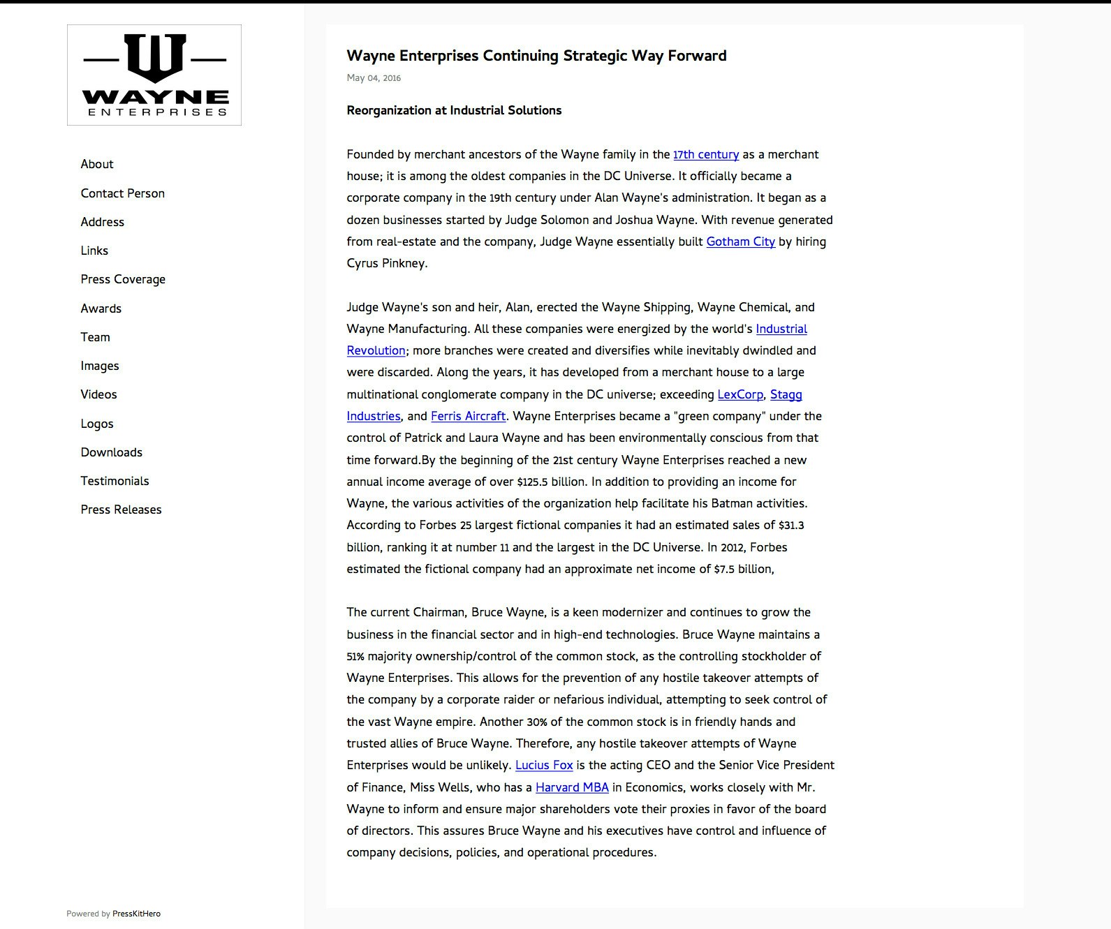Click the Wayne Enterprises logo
coord(154,75)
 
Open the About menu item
coord(97,164)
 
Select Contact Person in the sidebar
coord(123,193)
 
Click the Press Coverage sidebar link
coord(123,279)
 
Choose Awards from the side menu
coord(101,309)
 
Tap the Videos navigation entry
coord(99,394)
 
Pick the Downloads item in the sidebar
coord(112,452)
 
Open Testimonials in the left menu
coord(115,481)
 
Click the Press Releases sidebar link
coord(122,510)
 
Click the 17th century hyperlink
coord(706,154)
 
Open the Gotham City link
coord(741,241)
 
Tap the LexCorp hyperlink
coord(740,394)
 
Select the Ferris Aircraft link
coord(468,416)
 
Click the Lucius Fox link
coord(544,765)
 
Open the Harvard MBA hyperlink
coord(572,787)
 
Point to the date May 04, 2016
coord(374,78)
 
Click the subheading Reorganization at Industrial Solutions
coord(454,110)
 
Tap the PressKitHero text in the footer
coord(136,914)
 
